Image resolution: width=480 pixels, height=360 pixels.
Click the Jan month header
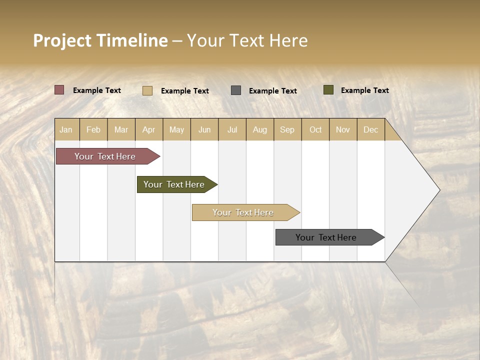[66, 130]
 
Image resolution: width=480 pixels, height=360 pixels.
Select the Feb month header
[93, 130]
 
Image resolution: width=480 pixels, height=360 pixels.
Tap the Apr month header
[148, 130]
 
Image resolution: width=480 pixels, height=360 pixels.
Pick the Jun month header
[204, 130]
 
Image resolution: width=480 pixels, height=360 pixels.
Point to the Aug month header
[259, 130]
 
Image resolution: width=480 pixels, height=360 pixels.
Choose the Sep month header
[287, 130]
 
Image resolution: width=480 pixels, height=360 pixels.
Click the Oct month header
[315, 130]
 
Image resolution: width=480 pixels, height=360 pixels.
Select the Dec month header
[370, 130]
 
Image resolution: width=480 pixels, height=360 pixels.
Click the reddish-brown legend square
[59, 90]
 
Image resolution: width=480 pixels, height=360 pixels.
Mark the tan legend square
[147, 90]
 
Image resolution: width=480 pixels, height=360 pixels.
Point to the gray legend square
[236, 90]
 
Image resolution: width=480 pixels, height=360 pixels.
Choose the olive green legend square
[328, 90]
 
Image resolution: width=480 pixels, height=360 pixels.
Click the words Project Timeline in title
[100, 40]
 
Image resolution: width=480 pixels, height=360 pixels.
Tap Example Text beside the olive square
[364, 90]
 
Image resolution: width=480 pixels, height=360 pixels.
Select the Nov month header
[343, 130]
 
